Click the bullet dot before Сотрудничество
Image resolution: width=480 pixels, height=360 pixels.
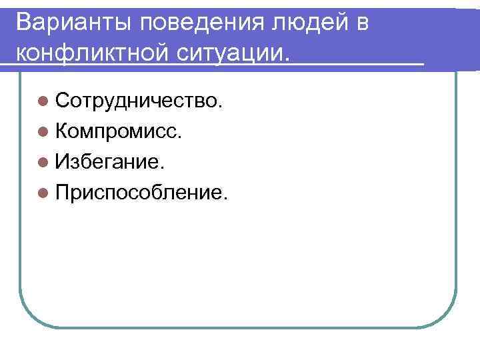[x=43, y=102]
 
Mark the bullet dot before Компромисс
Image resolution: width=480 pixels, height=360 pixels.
[x=43, y=132]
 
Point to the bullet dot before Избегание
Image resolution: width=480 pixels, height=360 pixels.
[x=43, y=162]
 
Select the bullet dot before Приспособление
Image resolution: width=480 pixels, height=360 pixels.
[x=43, y=193]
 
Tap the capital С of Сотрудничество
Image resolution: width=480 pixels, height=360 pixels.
[x=65, y=101]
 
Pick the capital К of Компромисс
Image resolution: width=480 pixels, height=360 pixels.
[x=64, y=131]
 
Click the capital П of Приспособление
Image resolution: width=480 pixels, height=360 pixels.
[x=65, y=193]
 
